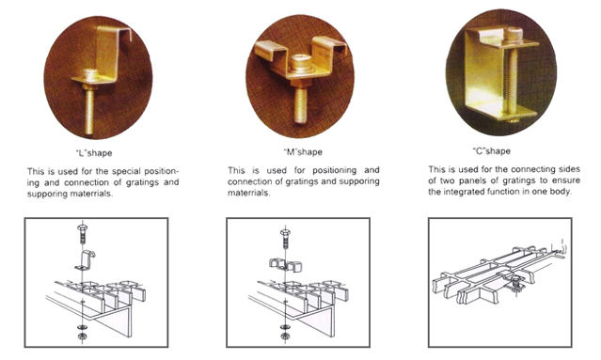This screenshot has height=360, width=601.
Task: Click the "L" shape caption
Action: (x=94, y=153)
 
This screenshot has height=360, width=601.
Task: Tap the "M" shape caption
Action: (x=303, y=152)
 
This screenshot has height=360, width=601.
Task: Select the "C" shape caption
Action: (x=491, y=151)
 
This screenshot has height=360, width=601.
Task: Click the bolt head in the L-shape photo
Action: (x=91, y=74)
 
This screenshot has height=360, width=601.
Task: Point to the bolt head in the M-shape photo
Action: (x=300, y=62)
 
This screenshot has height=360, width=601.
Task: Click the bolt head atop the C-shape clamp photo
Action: (x=513, y=34)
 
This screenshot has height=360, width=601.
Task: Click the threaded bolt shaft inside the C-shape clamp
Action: (x=512, y=81)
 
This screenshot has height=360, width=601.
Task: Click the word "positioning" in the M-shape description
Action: (x=334, y=170)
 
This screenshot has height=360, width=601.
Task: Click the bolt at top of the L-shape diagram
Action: (x=83, y=234)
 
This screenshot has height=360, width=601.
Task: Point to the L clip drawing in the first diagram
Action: (x=85, y=260)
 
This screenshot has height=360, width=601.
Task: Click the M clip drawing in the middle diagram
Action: (x=286, y=265)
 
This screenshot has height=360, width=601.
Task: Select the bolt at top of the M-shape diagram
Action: (x=285, y=238)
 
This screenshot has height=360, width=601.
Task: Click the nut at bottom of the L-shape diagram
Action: (x=82, y=337)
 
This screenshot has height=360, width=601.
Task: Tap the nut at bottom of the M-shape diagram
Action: (x=285, y=336)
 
